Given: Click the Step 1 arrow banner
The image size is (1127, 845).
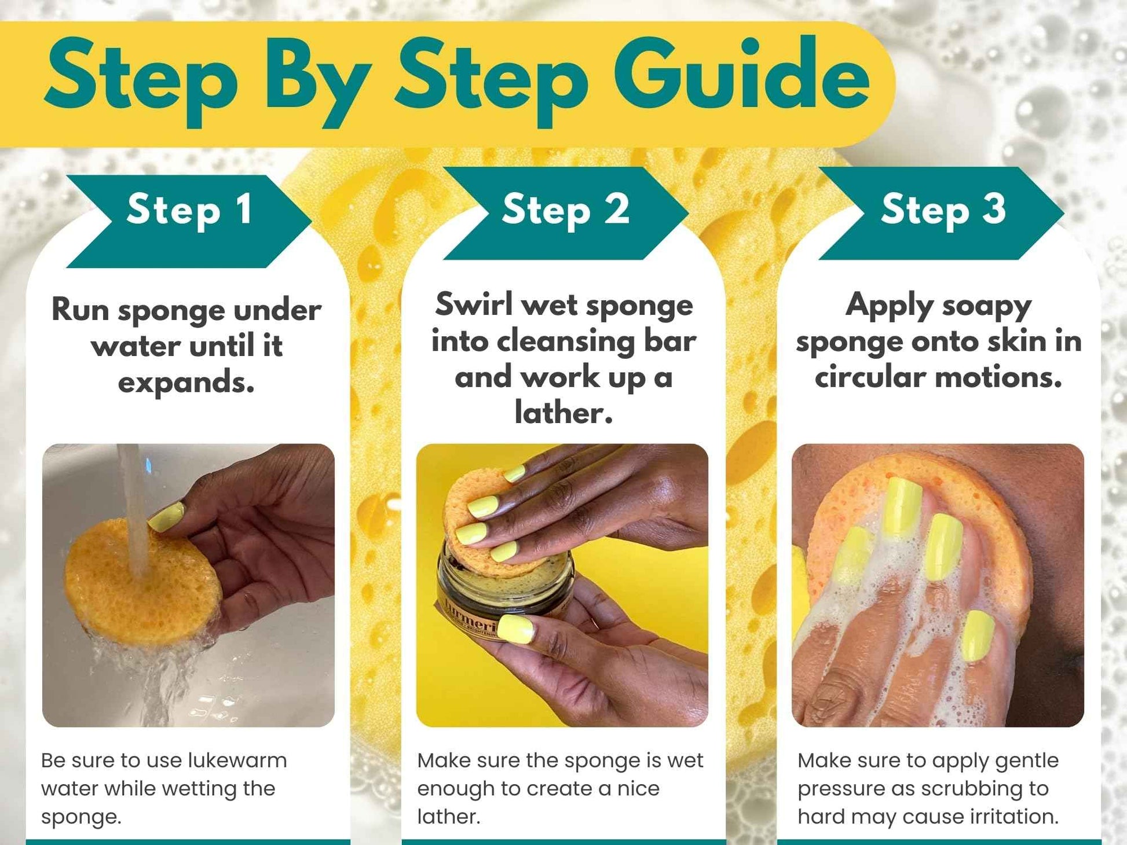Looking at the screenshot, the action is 189,221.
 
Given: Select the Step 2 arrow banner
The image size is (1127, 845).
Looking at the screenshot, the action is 565,213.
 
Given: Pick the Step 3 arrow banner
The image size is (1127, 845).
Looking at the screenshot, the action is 942,213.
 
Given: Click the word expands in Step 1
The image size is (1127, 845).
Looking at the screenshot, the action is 186,383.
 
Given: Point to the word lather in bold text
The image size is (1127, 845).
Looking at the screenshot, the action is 563,413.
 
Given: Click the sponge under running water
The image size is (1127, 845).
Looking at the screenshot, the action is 142,581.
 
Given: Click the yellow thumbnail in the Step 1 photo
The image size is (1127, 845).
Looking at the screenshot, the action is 166,517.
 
